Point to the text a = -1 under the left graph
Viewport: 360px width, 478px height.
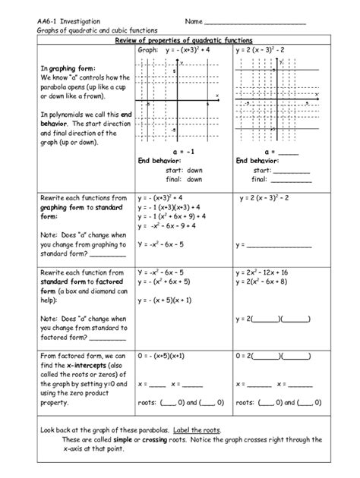[x=175, y=151]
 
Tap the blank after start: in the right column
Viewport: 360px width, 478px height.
[x=292, y=171]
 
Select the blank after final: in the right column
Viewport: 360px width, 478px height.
[x=292, y=181]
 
